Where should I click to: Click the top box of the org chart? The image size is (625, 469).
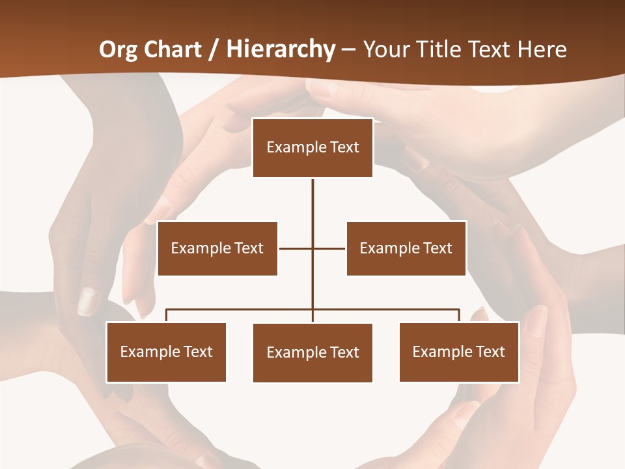tap(312, 148)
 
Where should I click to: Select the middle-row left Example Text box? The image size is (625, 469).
tap(217, 248)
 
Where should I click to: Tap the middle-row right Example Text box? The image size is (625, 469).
tap(406, 248)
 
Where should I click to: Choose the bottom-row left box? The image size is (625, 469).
tap(166, 352)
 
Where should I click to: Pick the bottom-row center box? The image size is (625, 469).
tap(312, 352)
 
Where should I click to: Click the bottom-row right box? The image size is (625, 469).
tap(459, 352)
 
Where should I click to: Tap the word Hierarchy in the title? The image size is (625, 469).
tap(281, 50)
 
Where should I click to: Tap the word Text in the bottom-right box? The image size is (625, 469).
tap(490, 352)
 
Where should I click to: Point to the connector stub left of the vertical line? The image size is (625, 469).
tap(295, 248)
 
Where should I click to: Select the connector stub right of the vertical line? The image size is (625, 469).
tap(329, 248)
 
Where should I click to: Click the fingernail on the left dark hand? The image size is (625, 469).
tap(87, 301)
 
